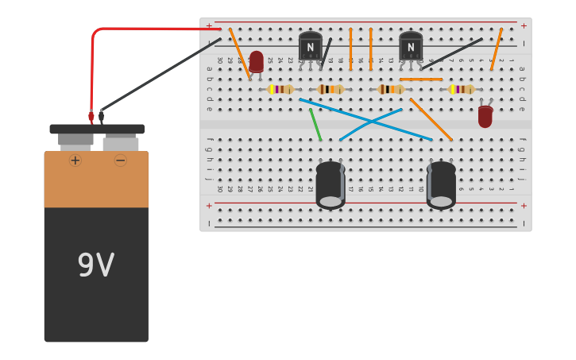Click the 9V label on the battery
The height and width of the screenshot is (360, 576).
[x=95, y=265]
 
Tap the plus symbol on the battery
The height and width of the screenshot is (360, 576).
[x=75, y=161]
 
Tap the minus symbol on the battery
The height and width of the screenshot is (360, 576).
[x=120, y=161]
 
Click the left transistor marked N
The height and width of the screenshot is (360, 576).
[x=310, y=47]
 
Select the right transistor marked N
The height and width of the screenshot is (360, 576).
[x=411, y=47]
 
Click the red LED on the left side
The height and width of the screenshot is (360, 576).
[x=257, y=61]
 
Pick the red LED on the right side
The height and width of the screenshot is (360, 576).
[x=485, y=116]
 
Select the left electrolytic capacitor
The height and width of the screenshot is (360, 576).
[x=331, y=184]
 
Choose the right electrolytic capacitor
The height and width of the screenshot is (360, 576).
[x=441, y=184]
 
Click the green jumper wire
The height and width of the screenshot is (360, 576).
[x=315, y=125]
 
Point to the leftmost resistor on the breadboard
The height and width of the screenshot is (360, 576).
[x=280, y=89]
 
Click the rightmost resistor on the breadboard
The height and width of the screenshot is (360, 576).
[x=462, y=89]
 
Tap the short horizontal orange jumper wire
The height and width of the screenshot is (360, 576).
[x=421, y=79]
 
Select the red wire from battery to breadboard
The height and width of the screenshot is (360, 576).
[x=127, y=29]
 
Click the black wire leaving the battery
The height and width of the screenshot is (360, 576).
[x=159, y=75]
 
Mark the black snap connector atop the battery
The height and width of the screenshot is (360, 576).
[x=97, y=129]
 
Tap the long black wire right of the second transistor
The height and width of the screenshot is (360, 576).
[x=451, y=54]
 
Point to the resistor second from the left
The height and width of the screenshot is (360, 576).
[x=331, y=89]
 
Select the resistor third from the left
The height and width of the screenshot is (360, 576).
[x=391, y=89]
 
